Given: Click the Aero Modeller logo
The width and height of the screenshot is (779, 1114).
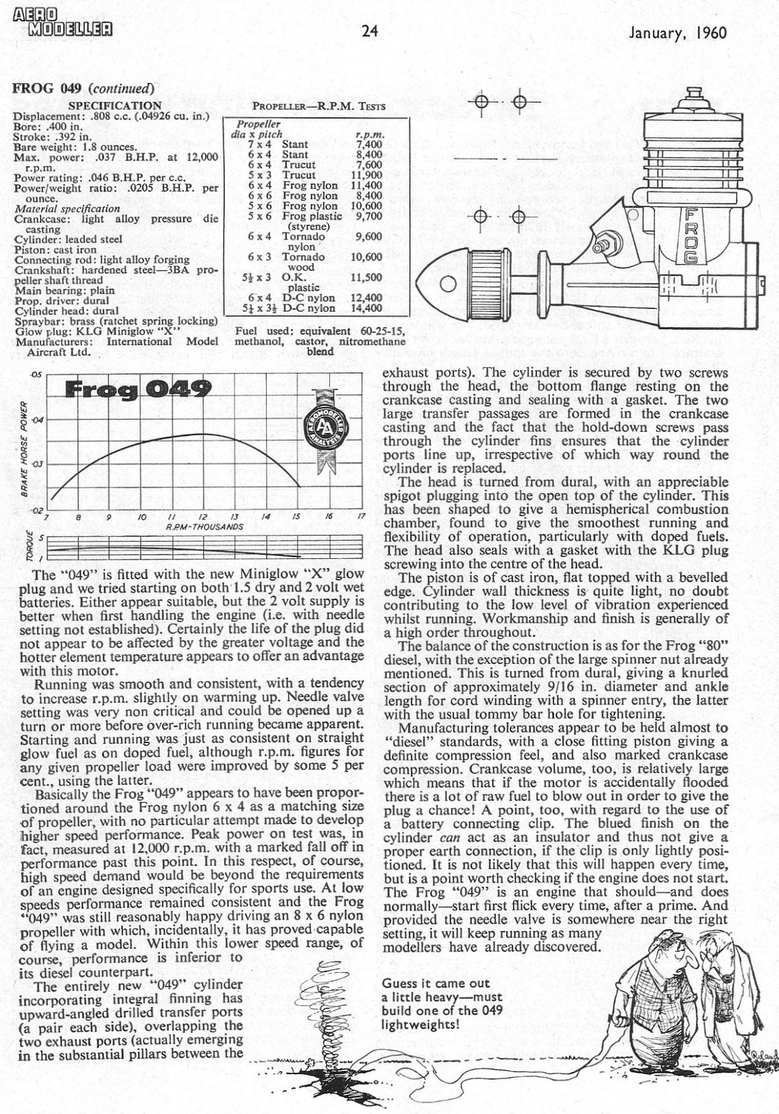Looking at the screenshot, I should click(61, 21).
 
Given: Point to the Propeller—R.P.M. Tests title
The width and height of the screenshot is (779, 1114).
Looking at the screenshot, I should click(319, 107).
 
